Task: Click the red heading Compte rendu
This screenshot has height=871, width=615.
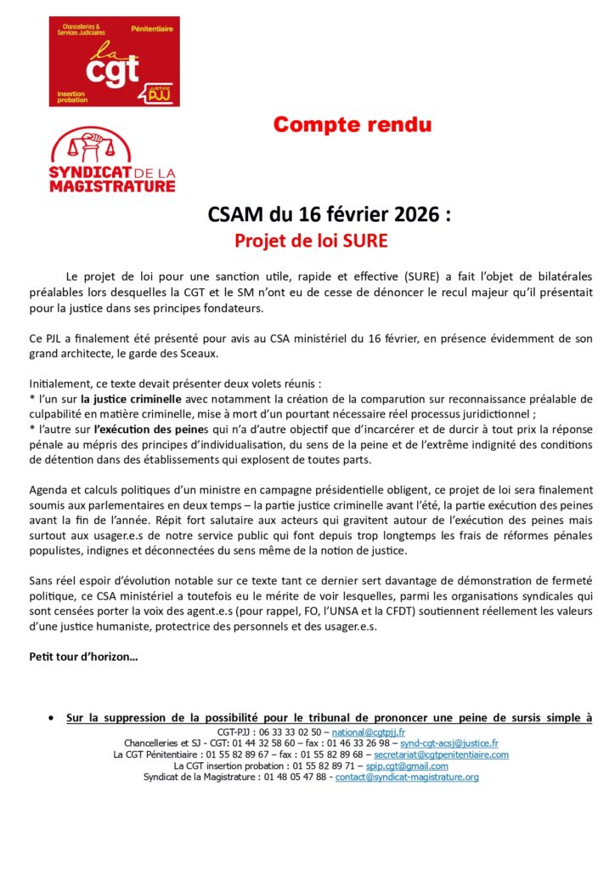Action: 352,125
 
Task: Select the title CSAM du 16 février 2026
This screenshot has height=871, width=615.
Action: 329,214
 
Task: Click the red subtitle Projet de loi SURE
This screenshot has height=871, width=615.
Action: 311,241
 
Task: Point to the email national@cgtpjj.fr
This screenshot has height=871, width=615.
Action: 368,732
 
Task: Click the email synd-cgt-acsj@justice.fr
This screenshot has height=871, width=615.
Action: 449,743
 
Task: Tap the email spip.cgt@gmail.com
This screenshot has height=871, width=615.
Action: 407,765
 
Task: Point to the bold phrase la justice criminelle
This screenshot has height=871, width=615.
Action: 132,398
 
